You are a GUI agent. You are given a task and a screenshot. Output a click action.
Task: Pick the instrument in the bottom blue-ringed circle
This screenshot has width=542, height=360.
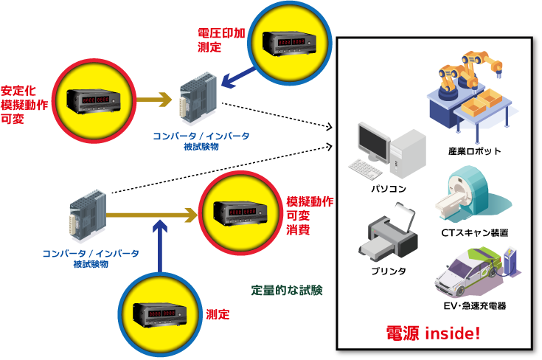click(159, 314)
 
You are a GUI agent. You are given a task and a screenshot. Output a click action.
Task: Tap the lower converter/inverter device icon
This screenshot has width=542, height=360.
click(88, 215)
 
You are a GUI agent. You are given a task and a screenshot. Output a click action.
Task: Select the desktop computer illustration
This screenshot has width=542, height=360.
click(388, 150)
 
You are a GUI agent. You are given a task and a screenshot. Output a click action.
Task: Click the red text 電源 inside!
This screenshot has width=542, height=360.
click(434, 333)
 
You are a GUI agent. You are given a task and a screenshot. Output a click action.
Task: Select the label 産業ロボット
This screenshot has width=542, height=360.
click(474, 151)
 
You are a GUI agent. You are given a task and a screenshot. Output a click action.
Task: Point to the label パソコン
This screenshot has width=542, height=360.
click(389, 189)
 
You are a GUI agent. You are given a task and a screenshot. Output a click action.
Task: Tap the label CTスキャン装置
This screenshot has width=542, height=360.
click(474, 232)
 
